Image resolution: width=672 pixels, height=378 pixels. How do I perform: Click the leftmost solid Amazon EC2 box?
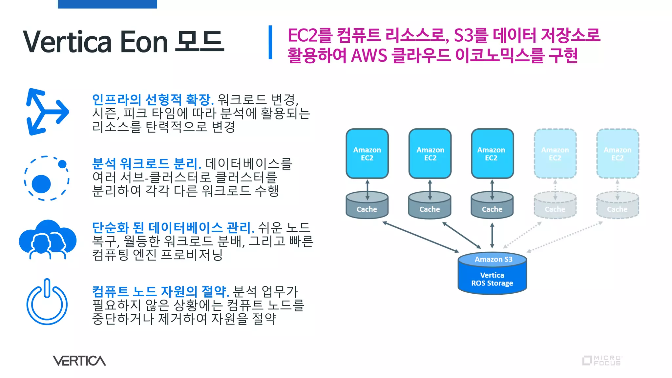[x=367, y=154]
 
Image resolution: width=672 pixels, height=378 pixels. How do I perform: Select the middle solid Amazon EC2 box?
[x=430, y=154]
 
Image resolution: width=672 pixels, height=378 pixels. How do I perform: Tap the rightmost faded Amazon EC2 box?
[x=617, y=154]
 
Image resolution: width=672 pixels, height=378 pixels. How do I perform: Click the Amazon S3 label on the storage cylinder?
[x=493, y=259]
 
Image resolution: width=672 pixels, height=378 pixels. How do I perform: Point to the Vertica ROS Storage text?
[x=492, y=279]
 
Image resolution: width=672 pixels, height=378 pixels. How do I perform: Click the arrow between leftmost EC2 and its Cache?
[x=367, y=190]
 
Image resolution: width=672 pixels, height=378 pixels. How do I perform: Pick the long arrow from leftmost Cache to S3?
[x=421, y=237]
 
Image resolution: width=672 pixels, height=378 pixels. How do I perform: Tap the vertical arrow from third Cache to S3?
[x=492, y=236]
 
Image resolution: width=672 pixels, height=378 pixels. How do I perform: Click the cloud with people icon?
[x=48, y=240]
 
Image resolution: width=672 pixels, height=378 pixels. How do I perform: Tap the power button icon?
[x=47, y=302]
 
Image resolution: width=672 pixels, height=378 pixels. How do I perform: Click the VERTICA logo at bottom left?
[x=79, y=361]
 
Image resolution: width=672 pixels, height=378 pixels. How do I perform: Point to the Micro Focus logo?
[x=602, y=360]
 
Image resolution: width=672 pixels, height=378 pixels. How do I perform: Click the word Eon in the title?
[x=144, y=42]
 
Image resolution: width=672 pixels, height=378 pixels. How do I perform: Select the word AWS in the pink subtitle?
[x=369, y=55]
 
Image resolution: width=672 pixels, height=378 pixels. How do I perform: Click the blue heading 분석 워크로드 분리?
[x=146, y=163]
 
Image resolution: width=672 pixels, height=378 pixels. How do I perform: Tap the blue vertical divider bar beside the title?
[x=270, y=42]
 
